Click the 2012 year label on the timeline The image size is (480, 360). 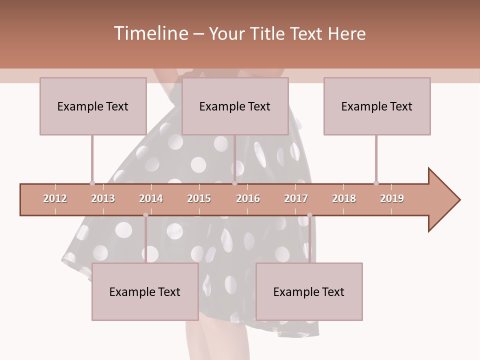click(x=55, y=198)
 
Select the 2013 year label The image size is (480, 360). click(x=103, y=198)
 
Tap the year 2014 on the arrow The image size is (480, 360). click(x=151, y=198)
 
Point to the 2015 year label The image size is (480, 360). click(x=199, y=198)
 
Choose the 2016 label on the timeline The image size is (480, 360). click(x=248, y=198)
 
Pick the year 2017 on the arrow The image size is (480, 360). click(x=296, y=198)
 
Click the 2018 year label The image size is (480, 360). click(x=344, y=198)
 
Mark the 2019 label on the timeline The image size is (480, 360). click(x=392, y=198)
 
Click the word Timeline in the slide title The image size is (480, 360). click(x=150, y=33)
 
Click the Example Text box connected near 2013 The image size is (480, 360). click(x=93, y=106)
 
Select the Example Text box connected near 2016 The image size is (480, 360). click(x=235, y=106)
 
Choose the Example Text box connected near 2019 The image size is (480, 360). click(x=377, y=106)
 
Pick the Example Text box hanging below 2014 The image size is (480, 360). click(x=145, y=291)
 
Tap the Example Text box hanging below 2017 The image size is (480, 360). click(x=309, y=291)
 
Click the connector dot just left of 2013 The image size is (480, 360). click(x=92, y=183)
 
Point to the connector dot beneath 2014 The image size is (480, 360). click(x=145, y=215)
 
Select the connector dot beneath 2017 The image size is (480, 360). click(x=309, y=215)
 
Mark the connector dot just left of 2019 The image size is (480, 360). click(x=376, y=183)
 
